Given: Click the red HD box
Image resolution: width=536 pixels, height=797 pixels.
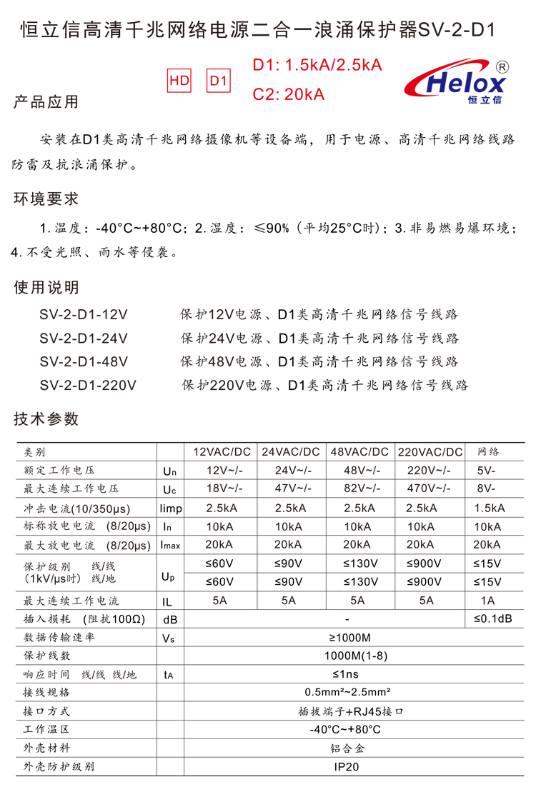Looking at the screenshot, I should [179, 81].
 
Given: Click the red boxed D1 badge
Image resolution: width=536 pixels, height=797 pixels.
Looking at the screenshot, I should [219, 81].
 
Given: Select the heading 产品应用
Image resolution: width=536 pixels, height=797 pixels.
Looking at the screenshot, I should [46, 101].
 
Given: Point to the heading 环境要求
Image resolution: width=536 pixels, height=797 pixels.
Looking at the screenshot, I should [46, 199].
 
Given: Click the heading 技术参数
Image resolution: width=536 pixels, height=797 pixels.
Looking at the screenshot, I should [46, 419].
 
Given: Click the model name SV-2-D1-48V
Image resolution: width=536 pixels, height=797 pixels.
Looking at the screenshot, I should [84, 361].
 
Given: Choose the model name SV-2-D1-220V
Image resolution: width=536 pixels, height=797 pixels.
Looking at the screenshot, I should [88, 385].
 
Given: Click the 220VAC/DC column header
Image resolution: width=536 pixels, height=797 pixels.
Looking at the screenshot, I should [430, 452].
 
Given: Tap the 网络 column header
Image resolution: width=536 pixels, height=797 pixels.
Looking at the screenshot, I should [489, 452].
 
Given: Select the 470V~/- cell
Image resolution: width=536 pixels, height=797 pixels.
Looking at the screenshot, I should [429, 489].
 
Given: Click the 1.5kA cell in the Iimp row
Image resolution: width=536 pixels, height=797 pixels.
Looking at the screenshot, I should [489, 508].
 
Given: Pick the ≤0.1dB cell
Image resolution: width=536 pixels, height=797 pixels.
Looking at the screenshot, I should [492, 618].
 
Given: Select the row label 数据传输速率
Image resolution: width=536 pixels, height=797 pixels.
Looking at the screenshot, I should [59, 637].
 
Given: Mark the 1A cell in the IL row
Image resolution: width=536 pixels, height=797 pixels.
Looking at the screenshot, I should [489, 601].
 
